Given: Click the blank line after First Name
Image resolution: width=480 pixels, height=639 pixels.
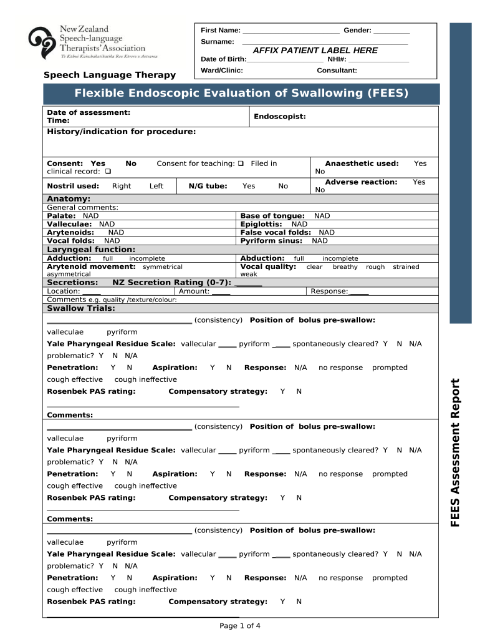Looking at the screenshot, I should (x=290, y=31).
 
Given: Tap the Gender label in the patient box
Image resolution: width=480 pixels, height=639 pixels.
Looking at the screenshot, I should (x=357, y=30).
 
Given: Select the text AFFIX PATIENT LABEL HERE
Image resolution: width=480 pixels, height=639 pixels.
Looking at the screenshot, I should (x=315, y=50).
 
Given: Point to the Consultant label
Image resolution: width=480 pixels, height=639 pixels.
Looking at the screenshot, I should (x=337, y=71).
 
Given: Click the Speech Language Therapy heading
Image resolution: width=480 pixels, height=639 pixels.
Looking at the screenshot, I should (x=110, y=75).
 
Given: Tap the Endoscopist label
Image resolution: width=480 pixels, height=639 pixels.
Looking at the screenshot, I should (x=280, y=117).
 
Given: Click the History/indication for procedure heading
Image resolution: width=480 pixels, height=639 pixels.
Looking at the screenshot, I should (x=122, y=132).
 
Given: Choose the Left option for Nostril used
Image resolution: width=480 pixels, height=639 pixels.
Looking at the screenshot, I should (x=156, y=186).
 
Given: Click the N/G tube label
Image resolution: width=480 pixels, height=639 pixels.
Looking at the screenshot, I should (x=208, y=186).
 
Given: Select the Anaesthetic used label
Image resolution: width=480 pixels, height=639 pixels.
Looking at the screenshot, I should (x=362, y=163).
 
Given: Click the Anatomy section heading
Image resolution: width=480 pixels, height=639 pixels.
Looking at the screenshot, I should (x=69, y=199).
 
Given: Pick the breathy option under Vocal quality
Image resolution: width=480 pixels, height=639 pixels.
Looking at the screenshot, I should (x=345, y=267).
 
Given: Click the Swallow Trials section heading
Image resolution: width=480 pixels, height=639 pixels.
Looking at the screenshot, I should (x=81, y=308).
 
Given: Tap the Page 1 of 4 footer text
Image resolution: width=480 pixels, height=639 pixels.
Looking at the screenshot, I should (x=240, y=626).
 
